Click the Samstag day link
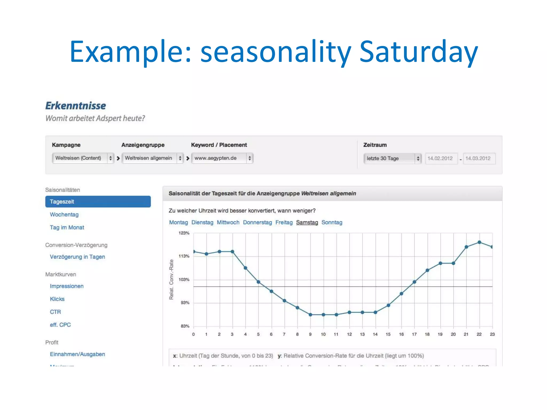pos(307,222)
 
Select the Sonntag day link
pos(332,222)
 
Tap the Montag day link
pos(178,222)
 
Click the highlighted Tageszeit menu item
pos(98,202)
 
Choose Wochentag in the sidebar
pos(64,215)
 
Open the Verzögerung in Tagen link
pos(77,257)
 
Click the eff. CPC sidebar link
pos(60,325)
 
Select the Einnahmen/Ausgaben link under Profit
pos(77,354)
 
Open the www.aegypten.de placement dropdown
pos(222,158)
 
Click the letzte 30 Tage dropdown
pos(392,158)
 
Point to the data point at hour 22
pos(479,242)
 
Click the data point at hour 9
pos(310,315)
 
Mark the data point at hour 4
pos(245,268)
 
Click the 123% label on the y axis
pos(184,233)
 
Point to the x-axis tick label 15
pos(388,334)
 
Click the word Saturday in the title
pos(419,51)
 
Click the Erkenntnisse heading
pos(76,106)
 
